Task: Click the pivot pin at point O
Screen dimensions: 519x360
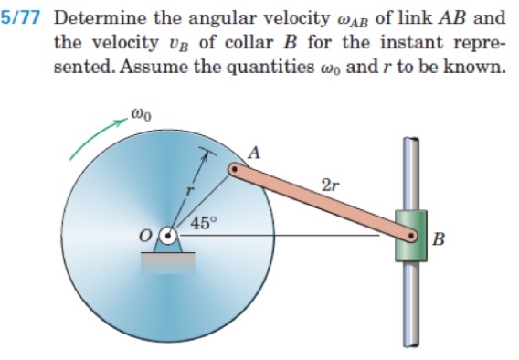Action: point(167,236)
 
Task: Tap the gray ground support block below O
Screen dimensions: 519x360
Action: point(167,261)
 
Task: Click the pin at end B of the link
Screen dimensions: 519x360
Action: point(416,238)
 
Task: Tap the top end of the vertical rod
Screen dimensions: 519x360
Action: point(411,140)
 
